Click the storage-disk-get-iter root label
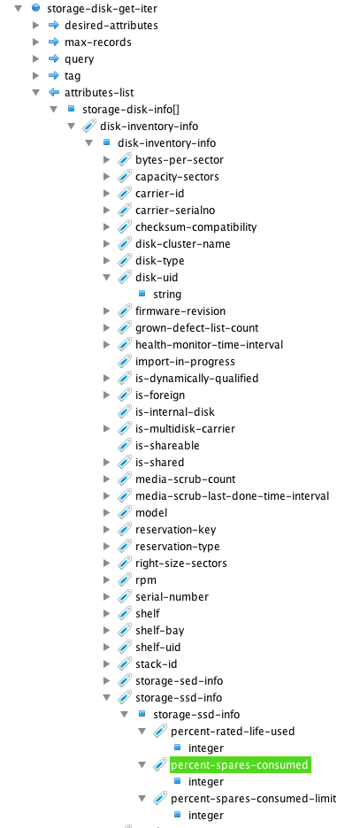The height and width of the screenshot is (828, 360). coord(102,9)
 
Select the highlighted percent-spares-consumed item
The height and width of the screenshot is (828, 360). coord(241,764)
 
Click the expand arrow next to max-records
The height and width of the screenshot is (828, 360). coord(36,42)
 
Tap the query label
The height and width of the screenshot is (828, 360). coord(80,59)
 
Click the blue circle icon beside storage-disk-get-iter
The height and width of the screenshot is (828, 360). coord(35,8)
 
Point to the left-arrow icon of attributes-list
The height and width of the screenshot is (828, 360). coord(53,92)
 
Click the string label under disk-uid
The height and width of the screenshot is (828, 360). coord(167,294)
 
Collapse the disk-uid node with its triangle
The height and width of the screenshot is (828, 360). coord(107,277)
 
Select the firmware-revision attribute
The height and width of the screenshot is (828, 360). coord(180,311)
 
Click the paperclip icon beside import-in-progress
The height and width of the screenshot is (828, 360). coord(125,361)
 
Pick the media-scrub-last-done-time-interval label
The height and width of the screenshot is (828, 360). coord(233,496)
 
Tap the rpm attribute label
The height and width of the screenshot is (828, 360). coord(146,579)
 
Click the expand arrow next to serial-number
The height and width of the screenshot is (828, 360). coord(107,597)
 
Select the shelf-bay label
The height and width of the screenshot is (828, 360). coord(160,631)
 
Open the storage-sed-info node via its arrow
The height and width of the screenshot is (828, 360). coord(107,680)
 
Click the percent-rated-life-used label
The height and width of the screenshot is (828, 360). coord(233,732)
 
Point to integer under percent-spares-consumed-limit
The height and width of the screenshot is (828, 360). coord(206,816)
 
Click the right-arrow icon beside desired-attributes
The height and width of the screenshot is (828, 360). coord(53,25)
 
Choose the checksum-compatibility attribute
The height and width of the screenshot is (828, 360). coord(195,227)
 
